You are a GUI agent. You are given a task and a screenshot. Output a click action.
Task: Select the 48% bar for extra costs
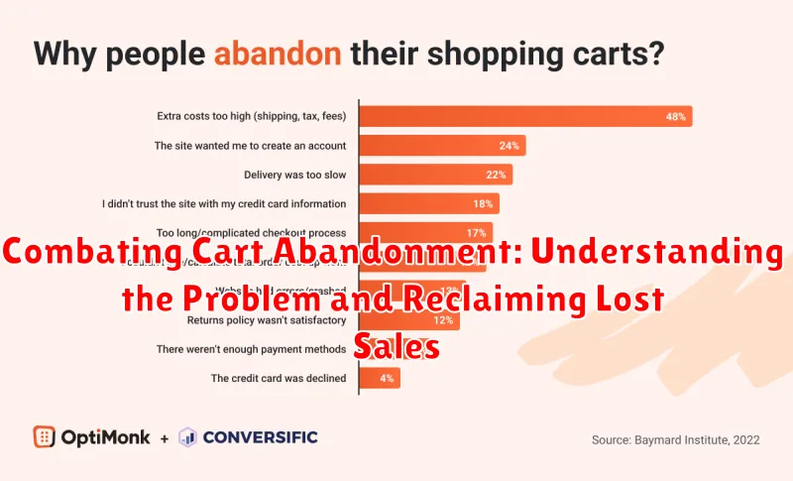tap(524, 116)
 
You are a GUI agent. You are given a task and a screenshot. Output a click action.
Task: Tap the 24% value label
tap(510, 145)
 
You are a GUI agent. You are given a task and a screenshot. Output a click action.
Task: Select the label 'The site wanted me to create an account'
tap(250, 145)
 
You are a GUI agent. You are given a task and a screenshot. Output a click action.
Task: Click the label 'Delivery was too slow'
tap(294, 175)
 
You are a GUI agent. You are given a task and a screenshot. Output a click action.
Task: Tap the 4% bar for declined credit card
tap(379, 378)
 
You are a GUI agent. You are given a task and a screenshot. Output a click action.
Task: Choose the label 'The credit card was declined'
tap(278, 378)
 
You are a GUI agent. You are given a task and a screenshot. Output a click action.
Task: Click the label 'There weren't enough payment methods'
tap(251, 349)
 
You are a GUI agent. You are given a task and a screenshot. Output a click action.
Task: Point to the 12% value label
tap(443, 320)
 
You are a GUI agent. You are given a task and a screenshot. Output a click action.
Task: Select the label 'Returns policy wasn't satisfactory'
tap(265, 320)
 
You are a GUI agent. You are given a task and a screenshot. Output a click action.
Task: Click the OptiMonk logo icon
tap(43, 436)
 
